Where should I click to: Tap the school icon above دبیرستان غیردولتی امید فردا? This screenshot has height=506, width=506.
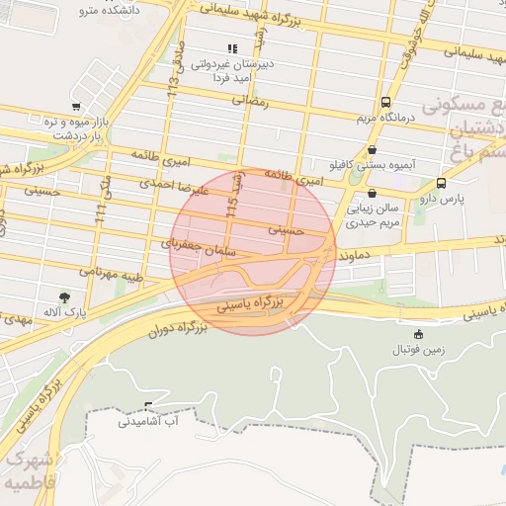pyautogui.click(x=232, y=47)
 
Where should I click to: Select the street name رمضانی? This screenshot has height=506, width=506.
pyautogui.click(x=251, y=100)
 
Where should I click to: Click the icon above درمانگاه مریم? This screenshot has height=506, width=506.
pyautogui.click(x=384, y=102)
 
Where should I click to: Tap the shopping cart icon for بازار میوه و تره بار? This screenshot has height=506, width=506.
pyautogui.click(x=75, y=107)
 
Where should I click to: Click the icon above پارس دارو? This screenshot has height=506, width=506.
pyautogui.click(x=441, y=183)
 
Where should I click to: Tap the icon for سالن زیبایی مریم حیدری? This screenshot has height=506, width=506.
pyautogui.click(x=372, y=194)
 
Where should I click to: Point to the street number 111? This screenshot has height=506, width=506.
pyautogui.click(x=101, y=215)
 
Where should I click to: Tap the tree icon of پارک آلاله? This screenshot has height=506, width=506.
pyautogui.click(x=65, y=296)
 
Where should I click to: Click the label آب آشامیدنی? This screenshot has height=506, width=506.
pyautogui.click(x=148, y=422)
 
